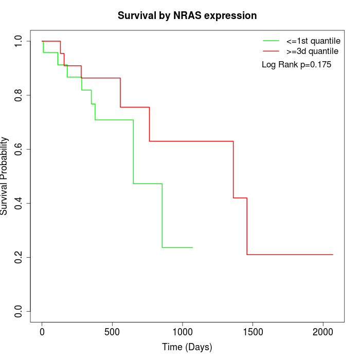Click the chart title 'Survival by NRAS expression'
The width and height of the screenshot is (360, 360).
pos(187,15)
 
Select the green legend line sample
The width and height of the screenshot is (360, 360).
pos(271,40)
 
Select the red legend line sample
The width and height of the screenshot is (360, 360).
pos(271,51)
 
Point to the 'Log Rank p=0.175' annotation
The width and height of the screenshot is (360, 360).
pos(296,65)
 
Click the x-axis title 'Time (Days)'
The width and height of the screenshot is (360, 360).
pos(187,347)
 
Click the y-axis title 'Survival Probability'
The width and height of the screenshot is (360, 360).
pos(5,176)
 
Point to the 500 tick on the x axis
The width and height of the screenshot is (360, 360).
pos(112,332)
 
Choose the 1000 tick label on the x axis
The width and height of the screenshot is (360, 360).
pos(183,332)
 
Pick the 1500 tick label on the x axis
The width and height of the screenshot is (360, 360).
pos(253,332)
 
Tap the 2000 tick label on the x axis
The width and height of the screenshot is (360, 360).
pos(323,332)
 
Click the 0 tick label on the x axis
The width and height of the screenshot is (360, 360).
pos(42,332)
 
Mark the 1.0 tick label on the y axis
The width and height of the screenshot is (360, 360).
pos(19,41)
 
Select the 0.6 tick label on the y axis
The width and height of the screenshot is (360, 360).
pos(19,149)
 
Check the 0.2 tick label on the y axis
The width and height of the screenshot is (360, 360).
pos(19,257)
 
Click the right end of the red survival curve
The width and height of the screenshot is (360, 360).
pos(333,255)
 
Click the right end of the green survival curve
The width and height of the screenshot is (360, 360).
pos(192,247)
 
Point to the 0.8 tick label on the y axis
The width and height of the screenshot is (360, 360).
pos(19,95)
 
